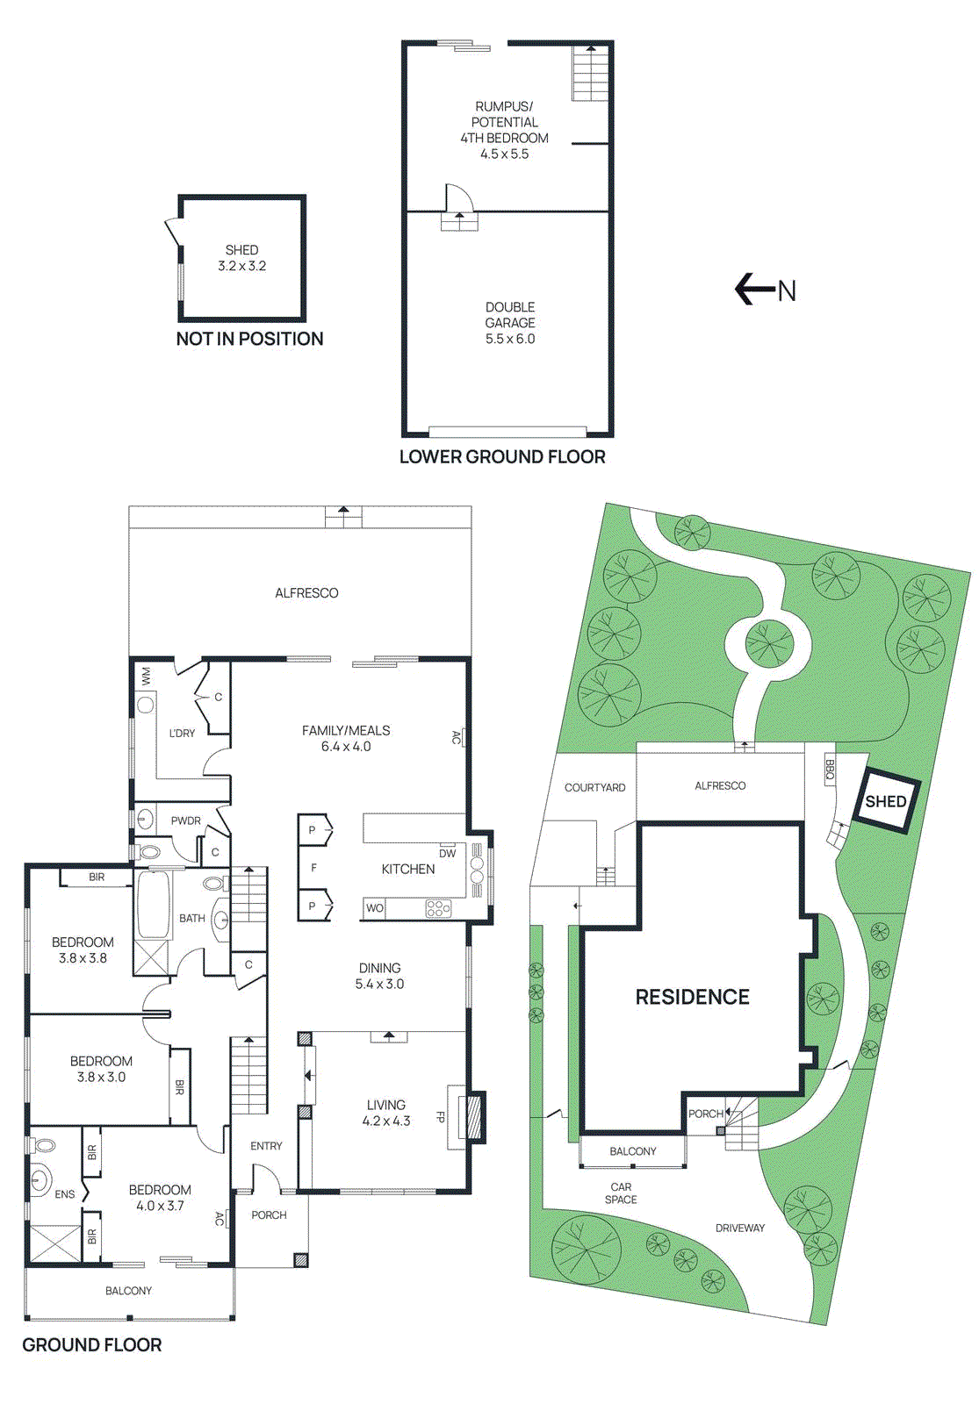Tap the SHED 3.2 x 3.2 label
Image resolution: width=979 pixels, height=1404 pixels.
click(x=241, y=258)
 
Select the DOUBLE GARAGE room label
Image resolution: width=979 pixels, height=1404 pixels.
click(x=510, y=322)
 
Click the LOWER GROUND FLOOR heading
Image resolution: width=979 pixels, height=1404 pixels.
click(x=502, y=456)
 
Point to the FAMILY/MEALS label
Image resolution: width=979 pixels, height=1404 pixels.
click(x=346, y=738)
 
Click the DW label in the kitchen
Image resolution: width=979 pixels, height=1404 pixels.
click(x=448, y=853)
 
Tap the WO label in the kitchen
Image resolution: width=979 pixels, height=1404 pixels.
click(x=375, y=908)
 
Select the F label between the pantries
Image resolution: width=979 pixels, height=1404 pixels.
click(x=313, y=868)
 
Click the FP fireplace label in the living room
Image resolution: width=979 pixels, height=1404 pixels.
click(x=441, y=1117)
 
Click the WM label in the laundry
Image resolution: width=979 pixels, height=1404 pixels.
click(x=146, y=676)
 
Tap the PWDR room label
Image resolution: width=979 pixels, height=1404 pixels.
click(x=186, y=820)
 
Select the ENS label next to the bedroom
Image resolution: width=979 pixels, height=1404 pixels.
click(x=65, y=1194)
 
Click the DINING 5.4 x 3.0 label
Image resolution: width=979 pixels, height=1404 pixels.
click(x=379, y=976)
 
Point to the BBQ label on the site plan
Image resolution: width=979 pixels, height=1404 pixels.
click(x=830, y=770)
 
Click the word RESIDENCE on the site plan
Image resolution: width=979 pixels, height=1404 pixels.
click(x=692, y=997)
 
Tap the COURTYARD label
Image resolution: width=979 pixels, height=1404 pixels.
click(x=594, y=787)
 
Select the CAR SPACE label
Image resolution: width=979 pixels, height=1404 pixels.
click(x=621, y=1193)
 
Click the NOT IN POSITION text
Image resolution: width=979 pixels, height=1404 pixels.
click(x=249, y=339)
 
